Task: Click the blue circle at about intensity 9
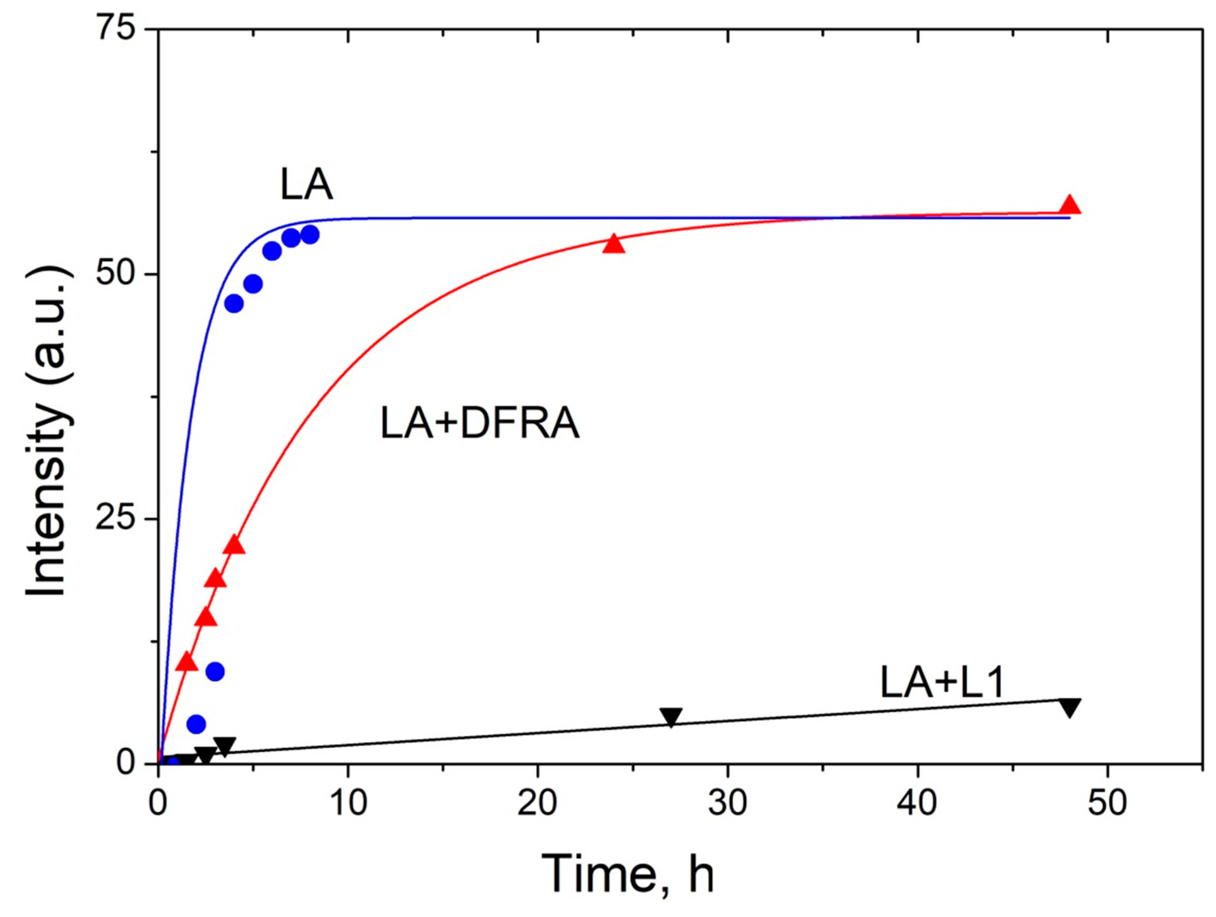[215, 671]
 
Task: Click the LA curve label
[306, 185]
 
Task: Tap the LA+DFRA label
[479, 424]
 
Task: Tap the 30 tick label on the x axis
[727, 803]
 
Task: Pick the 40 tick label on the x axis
[917, 803]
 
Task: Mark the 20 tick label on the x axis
[538, 803]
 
